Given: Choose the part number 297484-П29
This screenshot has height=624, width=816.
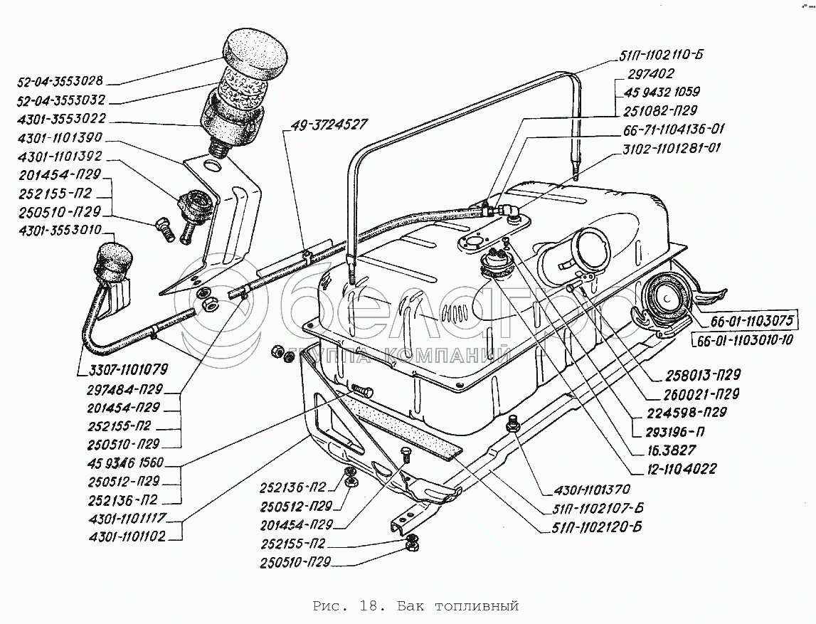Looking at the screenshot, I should (x=128, y=390).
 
